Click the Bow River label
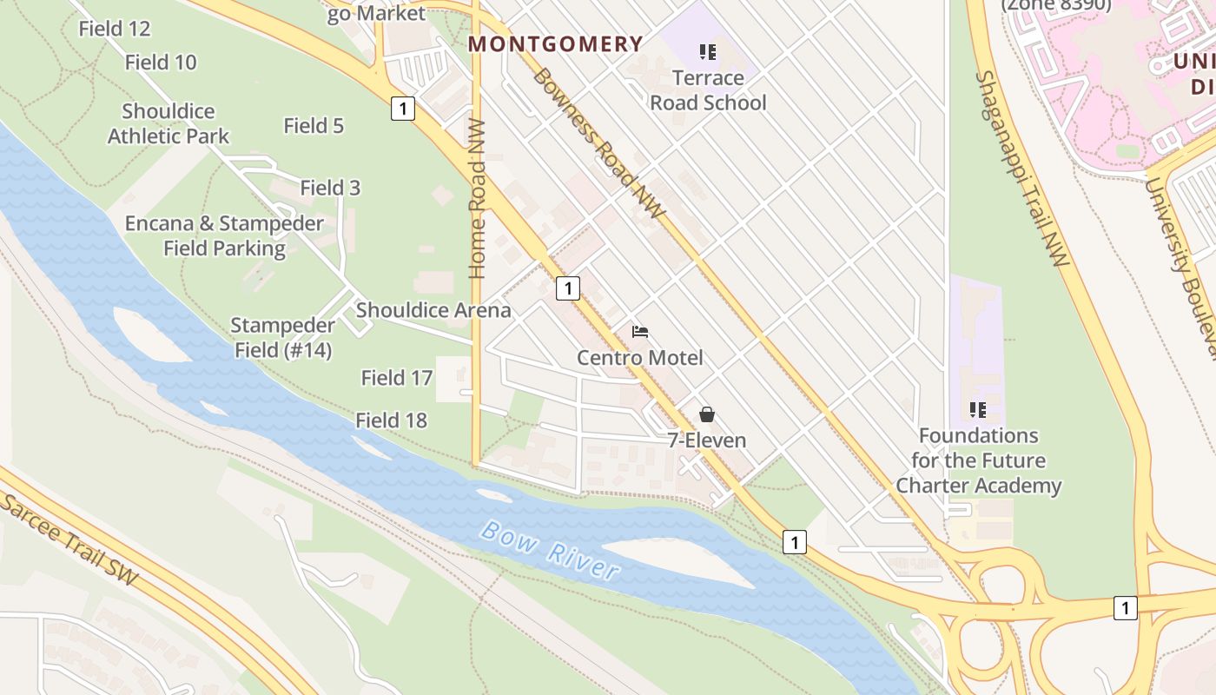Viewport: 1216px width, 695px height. [x=550, y=550]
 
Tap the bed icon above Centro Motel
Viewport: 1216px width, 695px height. [x=640, y=332]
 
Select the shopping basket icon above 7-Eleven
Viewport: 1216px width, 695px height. [x=707, y=414]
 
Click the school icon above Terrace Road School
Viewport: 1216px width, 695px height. [x=708, y=52]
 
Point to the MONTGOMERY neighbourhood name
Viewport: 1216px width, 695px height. [x=556, y=44]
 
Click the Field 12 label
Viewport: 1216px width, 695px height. [x=115, y=29]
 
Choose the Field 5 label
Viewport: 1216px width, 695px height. [x=314, y=126]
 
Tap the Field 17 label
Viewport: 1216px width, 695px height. [x=396, y=378]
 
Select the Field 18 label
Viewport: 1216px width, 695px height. [x=391, y=420]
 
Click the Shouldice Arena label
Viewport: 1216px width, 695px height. [x=433, y=310]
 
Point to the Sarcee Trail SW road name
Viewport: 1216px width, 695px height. [x=69, y=539]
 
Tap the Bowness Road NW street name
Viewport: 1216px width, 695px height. [x=598, y=143]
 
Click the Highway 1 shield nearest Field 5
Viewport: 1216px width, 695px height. [x=402, y=109]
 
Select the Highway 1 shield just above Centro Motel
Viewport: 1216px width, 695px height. [x=567, y=288]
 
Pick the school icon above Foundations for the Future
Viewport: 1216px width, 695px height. [x=978, y=409]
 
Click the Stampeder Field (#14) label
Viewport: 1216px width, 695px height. [x=283, y=338]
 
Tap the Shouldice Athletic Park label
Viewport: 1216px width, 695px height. [x=169, y=123]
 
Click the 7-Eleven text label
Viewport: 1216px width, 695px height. [x=707, y=440]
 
